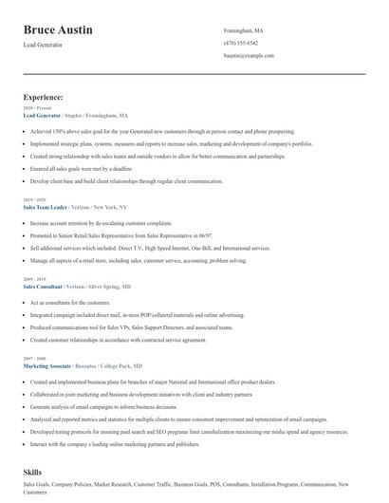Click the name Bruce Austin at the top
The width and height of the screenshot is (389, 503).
(58, 30)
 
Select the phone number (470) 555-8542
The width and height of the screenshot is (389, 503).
(240, 43)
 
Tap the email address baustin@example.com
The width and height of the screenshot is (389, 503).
(249, 55)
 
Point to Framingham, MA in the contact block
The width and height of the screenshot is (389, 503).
(244, 30)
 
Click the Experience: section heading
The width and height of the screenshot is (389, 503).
(44, 97)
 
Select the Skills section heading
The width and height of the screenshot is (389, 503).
(34, 471)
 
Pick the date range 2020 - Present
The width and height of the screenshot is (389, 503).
(39, 108)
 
